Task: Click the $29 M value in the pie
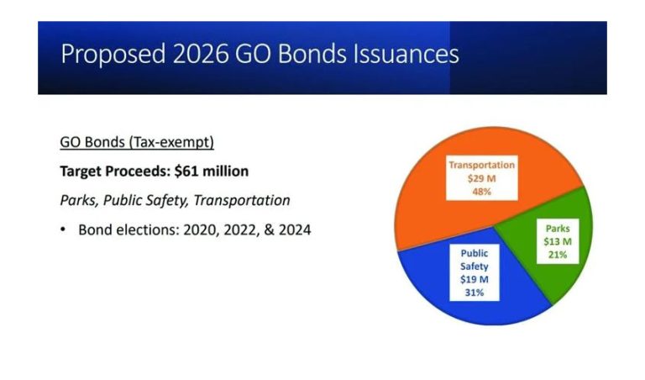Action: point(481,178)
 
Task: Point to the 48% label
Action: point(481,192)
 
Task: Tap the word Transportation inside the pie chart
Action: point(481,165)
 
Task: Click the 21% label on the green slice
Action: point(558,256)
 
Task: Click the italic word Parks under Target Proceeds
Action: point(77,200)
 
